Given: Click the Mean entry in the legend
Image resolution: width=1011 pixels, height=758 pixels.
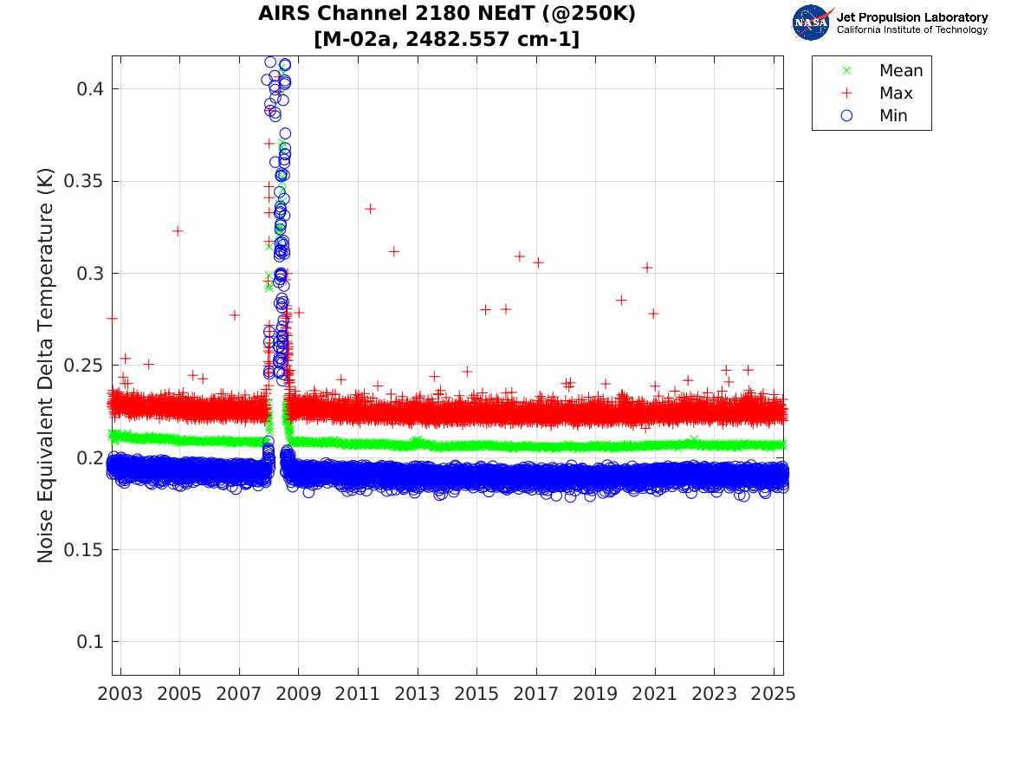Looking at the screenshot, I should tap(900, 71).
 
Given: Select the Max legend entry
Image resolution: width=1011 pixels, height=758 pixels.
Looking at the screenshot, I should tap(895, 94).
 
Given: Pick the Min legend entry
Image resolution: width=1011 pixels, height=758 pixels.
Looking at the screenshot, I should tap(893, 116).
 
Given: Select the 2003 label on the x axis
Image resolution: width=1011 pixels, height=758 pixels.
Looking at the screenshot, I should tap(120, 694).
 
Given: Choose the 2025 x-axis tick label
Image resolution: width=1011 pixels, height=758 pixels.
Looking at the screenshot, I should tap(773, 694).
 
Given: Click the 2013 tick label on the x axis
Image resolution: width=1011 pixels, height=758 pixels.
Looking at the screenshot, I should tap(418, 694).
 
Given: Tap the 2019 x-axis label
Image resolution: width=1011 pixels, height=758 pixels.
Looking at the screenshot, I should tap(595, 694).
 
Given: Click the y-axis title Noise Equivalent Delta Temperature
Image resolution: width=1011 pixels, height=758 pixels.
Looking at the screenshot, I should tap(46, 366).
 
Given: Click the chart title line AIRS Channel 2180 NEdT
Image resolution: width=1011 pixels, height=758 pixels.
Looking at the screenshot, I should tap(447, 15).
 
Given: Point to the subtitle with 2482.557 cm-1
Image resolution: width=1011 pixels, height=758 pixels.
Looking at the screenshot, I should tap(447, 39).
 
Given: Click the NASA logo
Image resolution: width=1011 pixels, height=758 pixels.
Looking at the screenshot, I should tap(812, 22).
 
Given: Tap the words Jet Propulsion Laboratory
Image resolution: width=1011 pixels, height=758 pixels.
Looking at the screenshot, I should tap(911, 16).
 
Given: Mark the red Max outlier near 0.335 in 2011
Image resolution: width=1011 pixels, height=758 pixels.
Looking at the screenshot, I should tap(370, 209).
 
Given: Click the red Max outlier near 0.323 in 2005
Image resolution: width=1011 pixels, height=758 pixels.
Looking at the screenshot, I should tap(178, 230).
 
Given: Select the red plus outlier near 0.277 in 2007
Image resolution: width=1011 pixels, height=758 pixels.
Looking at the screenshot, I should tap(234, 315).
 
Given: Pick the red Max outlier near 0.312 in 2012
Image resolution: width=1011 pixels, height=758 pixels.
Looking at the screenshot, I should tap(393, 251).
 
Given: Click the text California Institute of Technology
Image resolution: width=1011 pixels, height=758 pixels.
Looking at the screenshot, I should tap(911, 30).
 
